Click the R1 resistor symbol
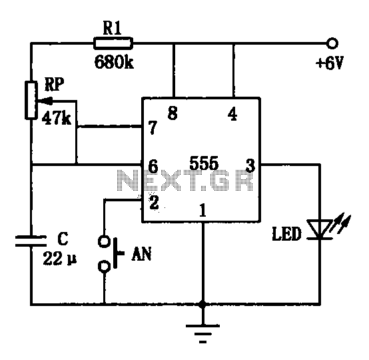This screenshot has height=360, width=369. click(x=113, y=43)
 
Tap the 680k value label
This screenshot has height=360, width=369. click(x=114, y=62)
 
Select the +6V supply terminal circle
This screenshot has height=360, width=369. click(x=332, y=43)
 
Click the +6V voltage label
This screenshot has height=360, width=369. click(x=330, y=63)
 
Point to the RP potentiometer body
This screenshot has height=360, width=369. click(x=31, y=100)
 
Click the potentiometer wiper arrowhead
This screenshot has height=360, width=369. click(x=43, y=101)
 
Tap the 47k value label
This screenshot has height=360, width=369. click(x=56, y=118)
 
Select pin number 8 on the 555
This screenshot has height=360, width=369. click(x=173, y=113)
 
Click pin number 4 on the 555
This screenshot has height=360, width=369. click(x=232, y=114)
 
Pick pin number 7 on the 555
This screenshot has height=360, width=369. click(x=153, y=127)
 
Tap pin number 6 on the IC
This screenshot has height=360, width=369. click(x=153, y=166)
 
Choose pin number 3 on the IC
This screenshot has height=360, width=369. click(x=250, y=165)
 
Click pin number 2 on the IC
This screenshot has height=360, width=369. click(x=154, y=202)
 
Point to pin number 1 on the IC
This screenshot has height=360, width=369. click(x=202, y=210)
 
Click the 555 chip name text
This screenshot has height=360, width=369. click(x=204, y=163)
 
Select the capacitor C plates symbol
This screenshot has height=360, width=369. click(x=31, y=241)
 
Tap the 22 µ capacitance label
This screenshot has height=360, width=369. click(x=60, y=259)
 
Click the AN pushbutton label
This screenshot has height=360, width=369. click(x=141, y=254)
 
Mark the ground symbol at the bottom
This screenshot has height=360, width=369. click(x=202, y=333)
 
